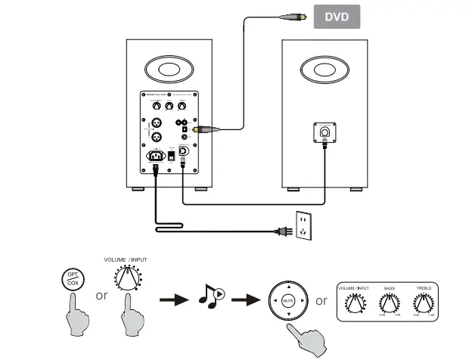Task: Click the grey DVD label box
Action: [x=337, y=16]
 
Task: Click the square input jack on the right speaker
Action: [x=325, y=133]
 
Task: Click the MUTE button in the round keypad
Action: [x=287, y=300]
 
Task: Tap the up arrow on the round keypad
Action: [x=287, y=287]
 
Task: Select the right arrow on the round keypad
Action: [x=302, y=300]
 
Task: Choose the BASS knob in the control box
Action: [x=389, y=304]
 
